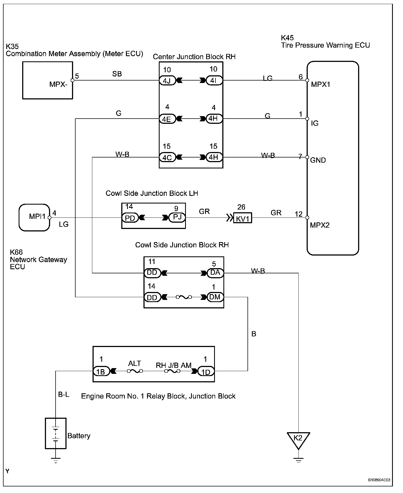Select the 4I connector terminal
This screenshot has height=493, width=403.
coord(214,81)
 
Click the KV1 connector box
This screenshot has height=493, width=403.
coord(243,218)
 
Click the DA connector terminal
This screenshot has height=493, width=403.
coord(215,273)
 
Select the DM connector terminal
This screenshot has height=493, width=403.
coord(215,297)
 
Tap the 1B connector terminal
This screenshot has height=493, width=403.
coord(101,371)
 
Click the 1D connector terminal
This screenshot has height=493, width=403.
coord(206,371)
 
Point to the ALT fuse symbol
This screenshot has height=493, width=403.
coord(135,371)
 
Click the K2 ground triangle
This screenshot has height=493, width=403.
coord(298,439)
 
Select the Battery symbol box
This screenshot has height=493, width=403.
coord(56,433)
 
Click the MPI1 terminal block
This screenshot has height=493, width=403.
coord(34,217)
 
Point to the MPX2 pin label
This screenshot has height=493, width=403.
coord(320,225)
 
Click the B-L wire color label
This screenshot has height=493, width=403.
coord(64,395)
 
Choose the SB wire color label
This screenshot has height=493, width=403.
coord(117,74)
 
